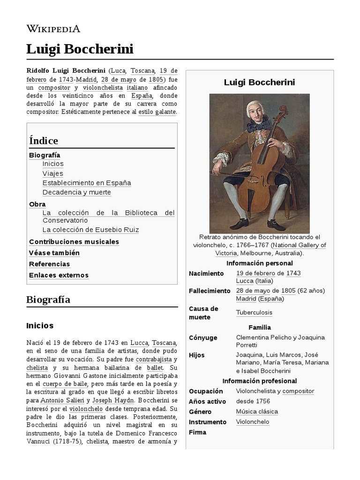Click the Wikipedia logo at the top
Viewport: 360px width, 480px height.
[x=53, y=29]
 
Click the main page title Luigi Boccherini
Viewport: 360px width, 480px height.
[x=80, y=49]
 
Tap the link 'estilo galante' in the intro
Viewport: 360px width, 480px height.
[x=157, y=112]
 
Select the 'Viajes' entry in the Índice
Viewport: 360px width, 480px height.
[x=52, y=173]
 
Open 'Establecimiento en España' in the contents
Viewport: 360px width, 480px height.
[x=87, y=183]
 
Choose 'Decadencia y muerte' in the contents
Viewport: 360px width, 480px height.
[x=76, y=192]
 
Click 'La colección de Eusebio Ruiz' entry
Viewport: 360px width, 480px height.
[x=90, y=230]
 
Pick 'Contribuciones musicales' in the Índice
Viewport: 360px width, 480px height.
[x=74, y=242]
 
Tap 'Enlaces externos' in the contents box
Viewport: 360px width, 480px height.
[x=59, y=275]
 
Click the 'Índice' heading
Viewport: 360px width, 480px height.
[x=44, y=141]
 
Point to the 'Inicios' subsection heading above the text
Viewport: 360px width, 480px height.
[x=40, y=325]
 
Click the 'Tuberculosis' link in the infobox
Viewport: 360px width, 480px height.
[x=254, y=313]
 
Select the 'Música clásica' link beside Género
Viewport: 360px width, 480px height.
[x=257, y=412]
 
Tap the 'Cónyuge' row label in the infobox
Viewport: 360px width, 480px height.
[x=203, y=337]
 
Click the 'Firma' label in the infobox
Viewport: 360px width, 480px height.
[x=197, y=432]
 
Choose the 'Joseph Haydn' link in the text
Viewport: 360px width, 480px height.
[x=112, y=400]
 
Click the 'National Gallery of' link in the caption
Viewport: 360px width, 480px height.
[x=299, y=245]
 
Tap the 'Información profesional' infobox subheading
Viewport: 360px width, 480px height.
[x=259, y=381]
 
